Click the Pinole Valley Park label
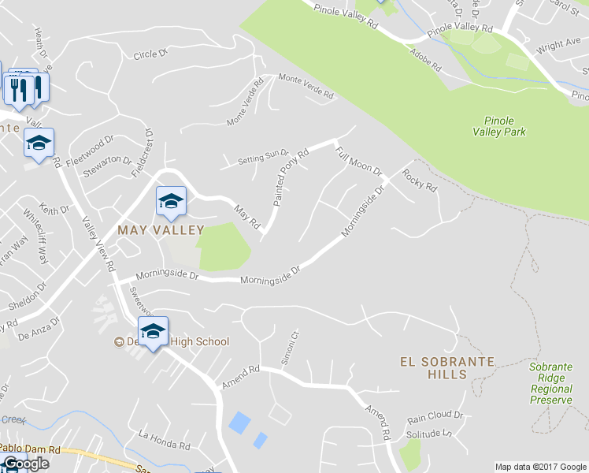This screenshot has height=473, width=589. coord(498,126)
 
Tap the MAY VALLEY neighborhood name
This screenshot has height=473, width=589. coord(161,230)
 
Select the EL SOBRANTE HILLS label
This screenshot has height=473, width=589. coord(447,367)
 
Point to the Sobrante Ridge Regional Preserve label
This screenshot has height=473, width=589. coord(550,383)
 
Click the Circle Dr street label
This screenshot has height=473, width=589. coord(151,54)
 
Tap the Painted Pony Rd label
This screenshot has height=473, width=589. coord(290,180)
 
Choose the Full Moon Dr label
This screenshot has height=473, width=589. coord(358,160)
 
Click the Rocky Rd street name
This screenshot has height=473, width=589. coord(420,181)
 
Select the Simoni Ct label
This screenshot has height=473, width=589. coord(291,348)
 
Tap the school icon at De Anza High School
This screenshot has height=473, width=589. coord(153,331)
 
